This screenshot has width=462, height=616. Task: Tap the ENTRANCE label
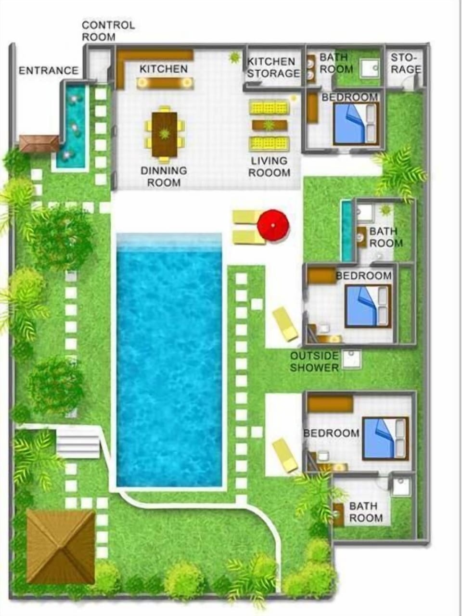coord(48,71)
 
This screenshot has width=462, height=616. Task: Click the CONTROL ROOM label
coord(108,31)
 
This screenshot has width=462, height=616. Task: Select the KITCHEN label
coord(163,69)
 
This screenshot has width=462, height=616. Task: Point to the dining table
coord(165,134)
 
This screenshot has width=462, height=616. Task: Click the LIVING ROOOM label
coord(269,167)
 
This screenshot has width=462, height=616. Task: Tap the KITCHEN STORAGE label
coord(273,67)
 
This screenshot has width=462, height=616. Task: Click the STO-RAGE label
coord(405,64)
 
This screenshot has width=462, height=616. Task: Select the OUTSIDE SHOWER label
coord(314,362)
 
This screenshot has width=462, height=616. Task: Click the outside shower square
coord(351,359)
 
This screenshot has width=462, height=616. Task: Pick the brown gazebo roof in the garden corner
coord(60,546)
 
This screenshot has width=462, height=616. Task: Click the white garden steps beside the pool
coord(78,444)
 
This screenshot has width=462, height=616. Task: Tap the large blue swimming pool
coord(169,361)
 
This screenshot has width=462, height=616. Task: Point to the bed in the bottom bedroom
coord(385,438)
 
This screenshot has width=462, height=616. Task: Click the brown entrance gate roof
coord(38,143)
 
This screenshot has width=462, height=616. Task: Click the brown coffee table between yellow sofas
coord(269,126)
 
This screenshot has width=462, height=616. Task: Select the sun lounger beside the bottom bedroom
coord(285,455)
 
